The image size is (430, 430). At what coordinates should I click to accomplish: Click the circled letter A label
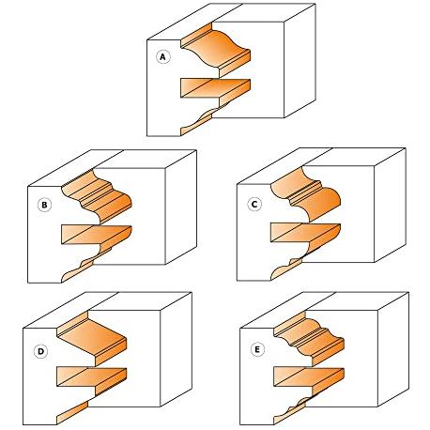tap(162, 57)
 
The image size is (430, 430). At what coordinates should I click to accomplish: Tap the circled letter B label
tap(44, 205)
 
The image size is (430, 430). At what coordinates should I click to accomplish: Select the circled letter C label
tap(254, 205)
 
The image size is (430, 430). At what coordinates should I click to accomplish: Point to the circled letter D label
tap(40, 351)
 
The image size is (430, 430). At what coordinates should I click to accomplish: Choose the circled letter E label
tap(257, 349)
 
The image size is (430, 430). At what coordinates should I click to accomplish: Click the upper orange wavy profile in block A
tap(216, 50)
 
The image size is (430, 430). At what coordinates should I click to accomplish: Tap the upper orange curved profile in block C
tap(306, 194)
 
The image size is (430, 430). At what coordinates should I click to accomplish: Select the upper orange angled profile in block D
tap(92, 339)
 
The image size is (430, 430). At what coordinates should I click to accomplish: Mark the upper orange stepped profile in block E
tap(309, 339)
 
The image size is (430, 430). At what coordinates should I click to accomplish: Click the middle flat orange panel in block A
tap(216, 88)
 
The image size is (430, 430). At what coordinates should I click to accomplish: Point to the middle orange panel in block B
tap(97, 235)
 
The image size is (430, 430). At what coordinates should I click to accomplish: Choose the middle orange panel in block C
tap(305, 233)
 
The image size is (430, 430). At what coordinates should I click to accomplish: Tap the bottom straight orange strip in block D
tap(72, 413)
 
